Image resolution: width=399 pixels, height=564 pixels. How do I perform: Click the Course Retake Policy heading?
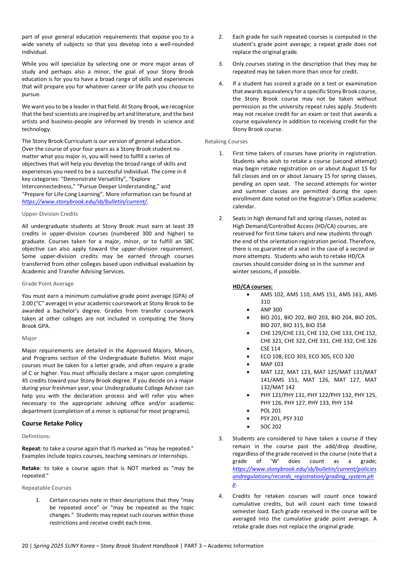(x=52, y=423)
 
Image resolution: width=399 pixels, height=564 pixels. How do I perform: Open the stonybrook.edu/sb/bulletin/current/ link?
(x=84, y=202)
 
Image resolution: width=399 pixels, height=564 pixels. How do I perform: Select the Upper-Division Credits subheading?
(x=50, y=214)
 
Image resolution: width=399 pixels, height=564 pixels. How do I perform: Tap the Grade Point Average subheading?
(x=48, y=284)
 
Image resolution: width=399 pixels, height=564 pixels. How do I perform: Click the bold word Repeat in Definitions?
(x=31, y=449)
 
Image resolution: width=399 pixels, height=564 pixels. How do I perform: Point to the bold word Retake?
(x=31, y=468)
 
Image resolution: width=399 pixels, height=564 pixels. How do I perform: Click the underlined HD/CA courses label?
(x=252, y=287)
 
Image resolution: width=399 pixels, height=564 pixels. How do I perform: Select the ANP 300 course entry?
(x=271, y=310)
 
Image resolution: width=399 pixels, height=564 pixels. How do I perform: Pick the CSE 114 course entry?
(x=270, y=349)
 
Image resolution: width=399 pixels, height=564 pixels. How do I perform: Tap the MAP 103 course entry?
(x=272, y=364)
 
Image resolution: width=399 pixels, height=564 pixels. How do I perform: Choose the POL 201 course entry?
(x=271, y=411)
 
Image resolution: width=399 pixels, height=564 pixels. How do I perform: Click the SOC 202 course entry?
(x=271, y=427)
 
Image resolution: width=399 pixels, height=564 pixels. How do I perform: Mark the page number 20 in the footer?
(x=25, y=546)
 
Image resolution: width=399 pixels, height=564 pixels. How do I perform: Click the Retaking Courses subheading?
(x=226, y=141)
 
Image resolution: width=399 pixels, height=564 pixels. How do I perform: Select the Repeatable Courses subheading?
(x=46, y=488)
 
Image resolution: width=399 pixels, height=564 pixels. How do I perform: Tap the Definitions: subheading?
(x=36, y=436)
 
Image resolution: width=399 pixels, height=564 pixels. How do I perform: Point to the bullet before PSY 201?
(x=248, y=419)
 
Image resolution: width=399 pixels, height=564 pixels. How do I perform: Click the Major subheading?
(x=29, y=338)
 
